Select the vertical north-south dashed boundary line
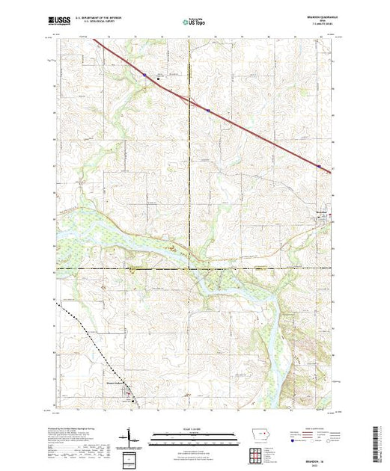[x=189, y=150]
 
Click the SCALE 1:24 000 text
[x=191, y=429]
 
